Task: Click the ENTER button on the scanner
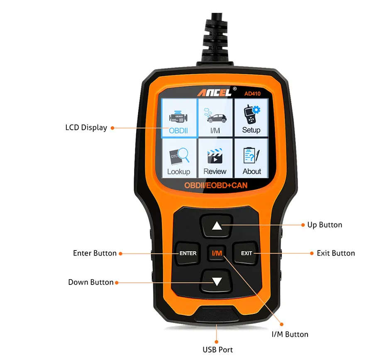188,253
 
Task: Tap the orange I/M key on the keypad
217,253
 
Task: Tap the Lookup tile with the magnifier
179,160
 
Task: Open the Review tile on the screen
215,160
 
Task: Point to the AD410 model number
252,93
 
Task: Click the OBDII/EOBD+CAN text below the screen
215,185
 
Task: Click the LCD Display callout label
86,128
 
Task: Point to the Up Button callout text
325,225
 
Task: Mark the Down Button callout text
90,282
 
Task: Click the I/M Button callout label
290,334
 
